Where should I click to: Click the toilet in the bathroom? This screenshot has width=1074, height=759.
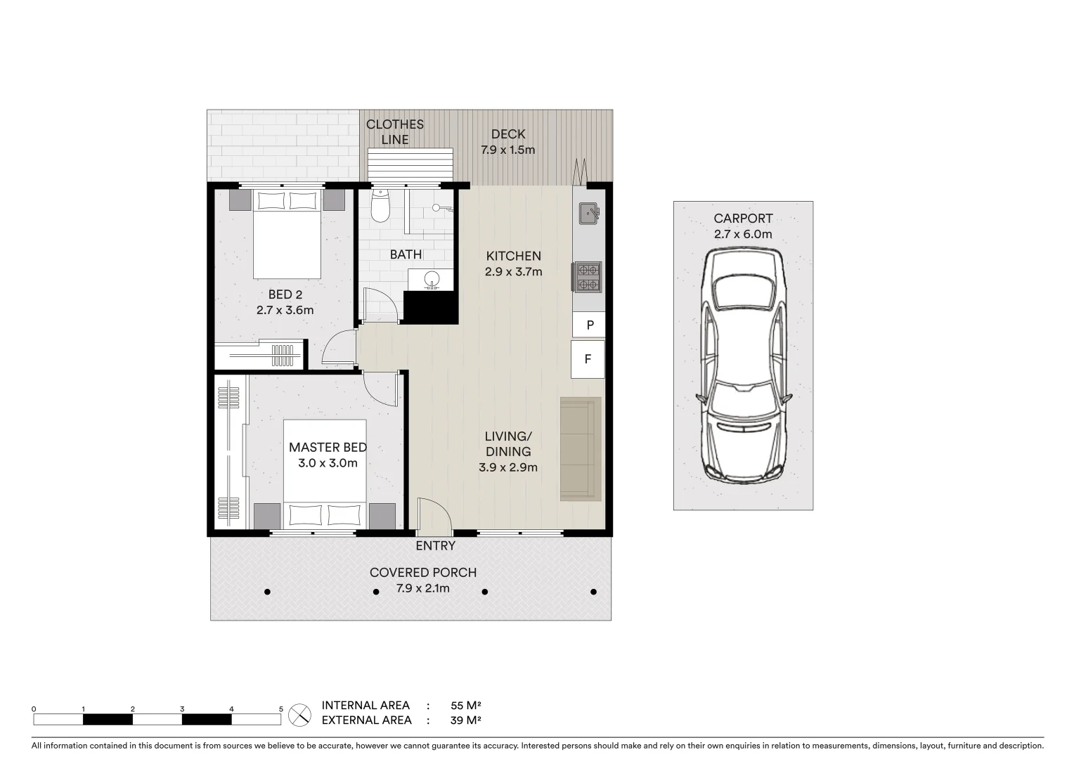coord(380,207)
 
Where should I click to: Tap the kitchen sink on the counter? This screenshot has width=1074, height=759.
coord(588,212)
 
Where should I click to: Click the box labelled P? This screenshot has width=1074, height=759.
coord(590,325)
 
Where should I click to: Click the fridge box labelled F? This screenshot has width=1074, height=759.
coord(588,359)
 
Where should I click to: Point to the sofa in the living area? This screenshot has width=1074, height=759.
coord(581,449)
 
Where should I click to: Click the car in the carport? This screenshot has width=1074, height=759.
coord(743,366)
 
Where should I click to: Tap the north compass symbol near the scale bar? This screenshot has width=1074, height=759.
coord(300,715)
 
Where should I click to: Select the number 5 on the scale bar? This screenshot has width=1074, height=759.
coord(281,709)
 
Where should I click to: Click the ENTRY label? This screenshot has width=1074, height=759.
coord(435,546)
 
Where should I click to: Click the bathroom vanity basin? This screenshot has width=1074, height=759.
coord(431,280)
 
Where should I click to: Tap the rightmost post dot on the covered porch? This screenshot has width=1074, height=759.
coord(594,592)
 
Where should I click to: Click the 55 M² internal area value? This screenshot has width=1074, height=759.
coord(465,705)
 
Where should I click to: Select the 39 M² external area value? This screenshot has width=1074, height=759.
coord(465,720)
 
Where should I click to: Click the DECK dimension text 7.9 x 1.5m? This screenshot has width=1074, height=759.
coord(507,150)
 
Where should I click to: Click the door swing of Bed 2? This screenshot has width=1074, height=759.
coord(337,349)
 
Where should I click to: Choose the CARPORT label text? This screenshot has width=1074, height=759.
coord(743,219)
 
